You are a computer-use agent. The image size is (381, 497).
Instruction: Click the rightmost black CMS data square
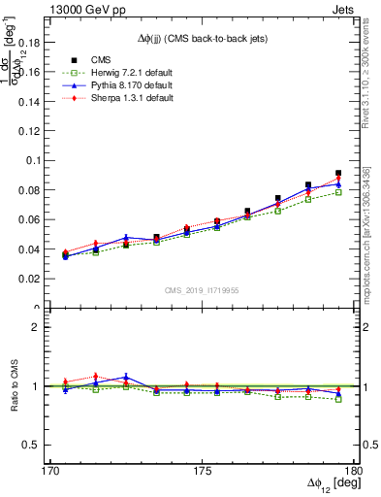click(338, 173)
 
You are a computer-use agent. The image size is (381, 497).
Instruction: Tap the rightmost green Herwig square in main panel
click(338, 192)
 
